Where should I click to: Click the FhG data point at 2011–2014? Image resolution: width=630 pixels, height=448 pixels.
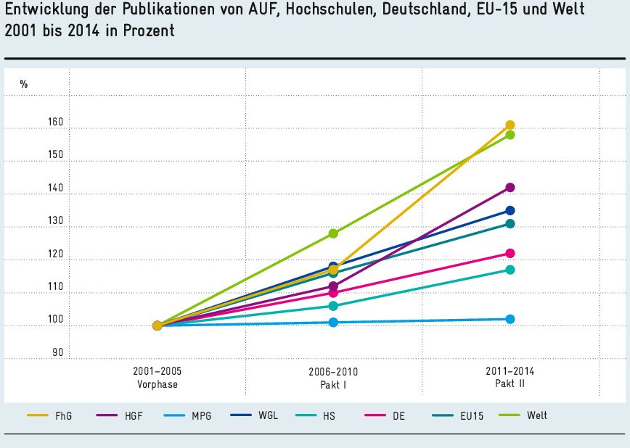510,125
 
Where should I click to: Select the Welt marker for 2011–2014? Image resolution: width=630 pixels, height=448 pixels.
510,135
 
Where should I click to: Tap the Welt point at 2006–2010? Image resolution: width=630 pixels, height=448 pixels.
333,233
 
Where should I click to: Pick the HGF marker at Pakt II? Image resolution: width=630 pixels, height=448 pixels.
510,187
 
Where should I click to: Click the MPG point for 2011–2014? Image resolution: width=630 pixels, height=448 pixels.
510,319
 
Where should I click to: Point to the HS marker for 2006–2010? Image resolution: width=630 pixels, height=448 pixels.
333,306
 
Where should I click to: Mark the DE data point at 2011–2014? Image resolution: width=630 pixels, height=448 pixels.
510,253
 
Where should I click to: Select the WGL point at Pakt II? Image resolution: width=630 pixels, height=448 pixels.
510,210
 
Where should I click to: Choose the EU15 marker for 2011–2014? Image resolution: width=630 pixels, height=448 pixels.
510,223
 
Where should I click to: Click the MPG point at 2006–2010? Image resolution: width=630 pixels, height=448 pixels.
333,322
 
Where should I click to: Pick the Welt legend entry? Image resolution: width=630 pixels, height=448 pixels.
537,415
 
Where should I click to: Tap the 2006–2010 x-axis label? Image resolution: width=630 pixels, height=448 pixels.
333,372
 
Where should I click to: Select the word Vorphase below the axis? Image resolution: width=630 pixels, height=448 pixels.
157,384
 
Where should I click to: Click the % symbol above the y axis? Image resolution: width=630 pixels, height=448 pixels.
24,84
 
